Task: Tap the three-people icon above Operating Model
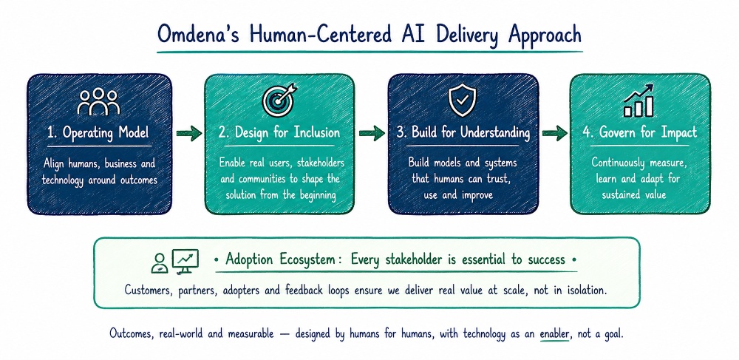[x=98, y=102]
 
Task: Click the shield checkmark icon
[x=462, y=100]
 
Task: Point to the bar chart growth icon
[x=638, y=101]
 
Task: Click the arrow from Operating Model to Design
[x=189, y=134]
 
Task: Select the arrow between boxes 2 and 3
[x=372, y=134]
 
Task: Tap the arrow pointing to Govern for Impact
[x=555, y=134]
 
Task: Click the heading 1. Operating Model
[x=98, y=133]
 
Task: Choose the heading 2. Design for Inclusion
[x=279, y=132]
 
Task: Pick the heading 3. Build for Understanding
[x=463, y=133]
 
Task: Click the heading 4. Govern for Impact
[x=639, y=132]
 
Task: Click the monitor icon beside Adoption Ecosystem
[x=185, y=261]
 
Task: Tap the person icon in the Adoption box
[x=160, y=263]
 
